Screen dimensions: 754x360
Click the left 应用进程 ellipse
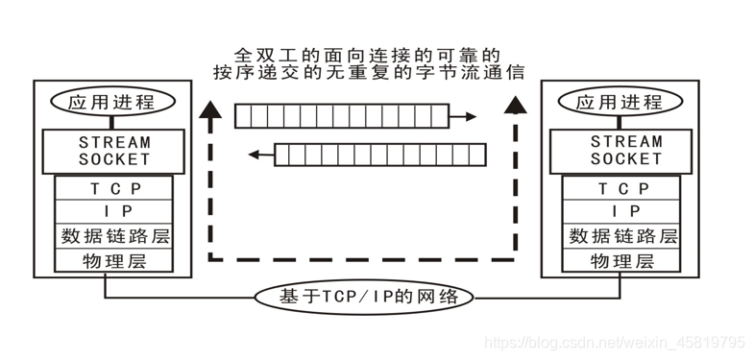(x=113, y=101)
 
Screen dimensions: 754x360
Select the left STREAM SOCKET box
(x=113, y=150)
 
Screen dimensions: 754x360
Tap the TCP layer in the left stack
(x=113, y=189)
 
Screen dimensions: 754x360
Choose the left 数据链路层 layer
(x=113, y=236)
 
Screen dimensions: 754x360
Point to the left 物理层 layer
(x=113, y=260)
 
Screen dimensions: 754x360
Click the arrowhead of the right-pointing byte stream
(x=471, y=117)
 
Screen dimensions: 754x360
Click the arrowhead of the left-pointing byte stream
(x=255, y=153)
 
